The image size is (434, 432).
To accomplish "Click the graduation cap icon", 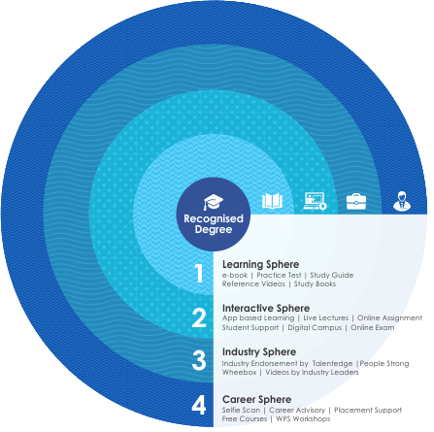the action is (214, 202).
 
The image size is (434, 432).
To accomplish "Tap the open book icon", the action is (272, 201).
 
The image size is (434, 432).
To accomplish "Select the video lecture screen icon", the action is (316, 201).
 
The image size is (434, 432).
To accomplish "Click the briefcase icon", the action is (356, 201).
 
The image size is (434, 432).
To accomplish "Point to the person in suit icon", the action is (402, 201).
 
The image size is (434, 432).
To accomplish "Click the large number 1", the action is (199, 274).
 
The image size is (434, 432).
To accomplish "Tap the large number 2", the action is (199, 317).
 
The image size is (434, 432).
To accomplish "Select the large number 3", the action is (199, 360).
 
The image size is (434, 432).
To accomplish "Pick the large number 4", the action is (199, 405).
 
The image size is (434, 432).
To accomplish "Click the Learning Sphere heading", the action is (260, 264).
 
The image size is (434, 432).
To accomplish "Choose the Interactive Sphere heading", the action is (266, 308).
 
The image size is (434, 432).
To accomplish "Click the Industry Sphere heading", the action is (259, 351).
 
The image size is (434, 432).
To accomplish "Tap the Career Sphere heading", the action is (257, 399).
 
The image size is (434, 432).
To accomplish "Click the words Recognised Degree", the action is (214, 224).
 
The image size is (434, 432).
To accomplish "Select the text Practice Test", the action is (279, 275).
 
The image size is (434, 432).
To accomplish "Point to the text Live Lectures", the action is (325, 317).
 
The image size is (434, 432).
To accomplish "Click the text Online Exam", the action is (373, 327).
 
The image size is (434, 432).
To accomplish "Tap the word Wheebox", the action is (239, 372).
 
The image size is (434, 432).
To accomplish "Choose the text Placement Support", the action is (368, 411).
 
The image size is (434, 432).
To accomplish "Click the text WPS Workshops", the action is (303, 418).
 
